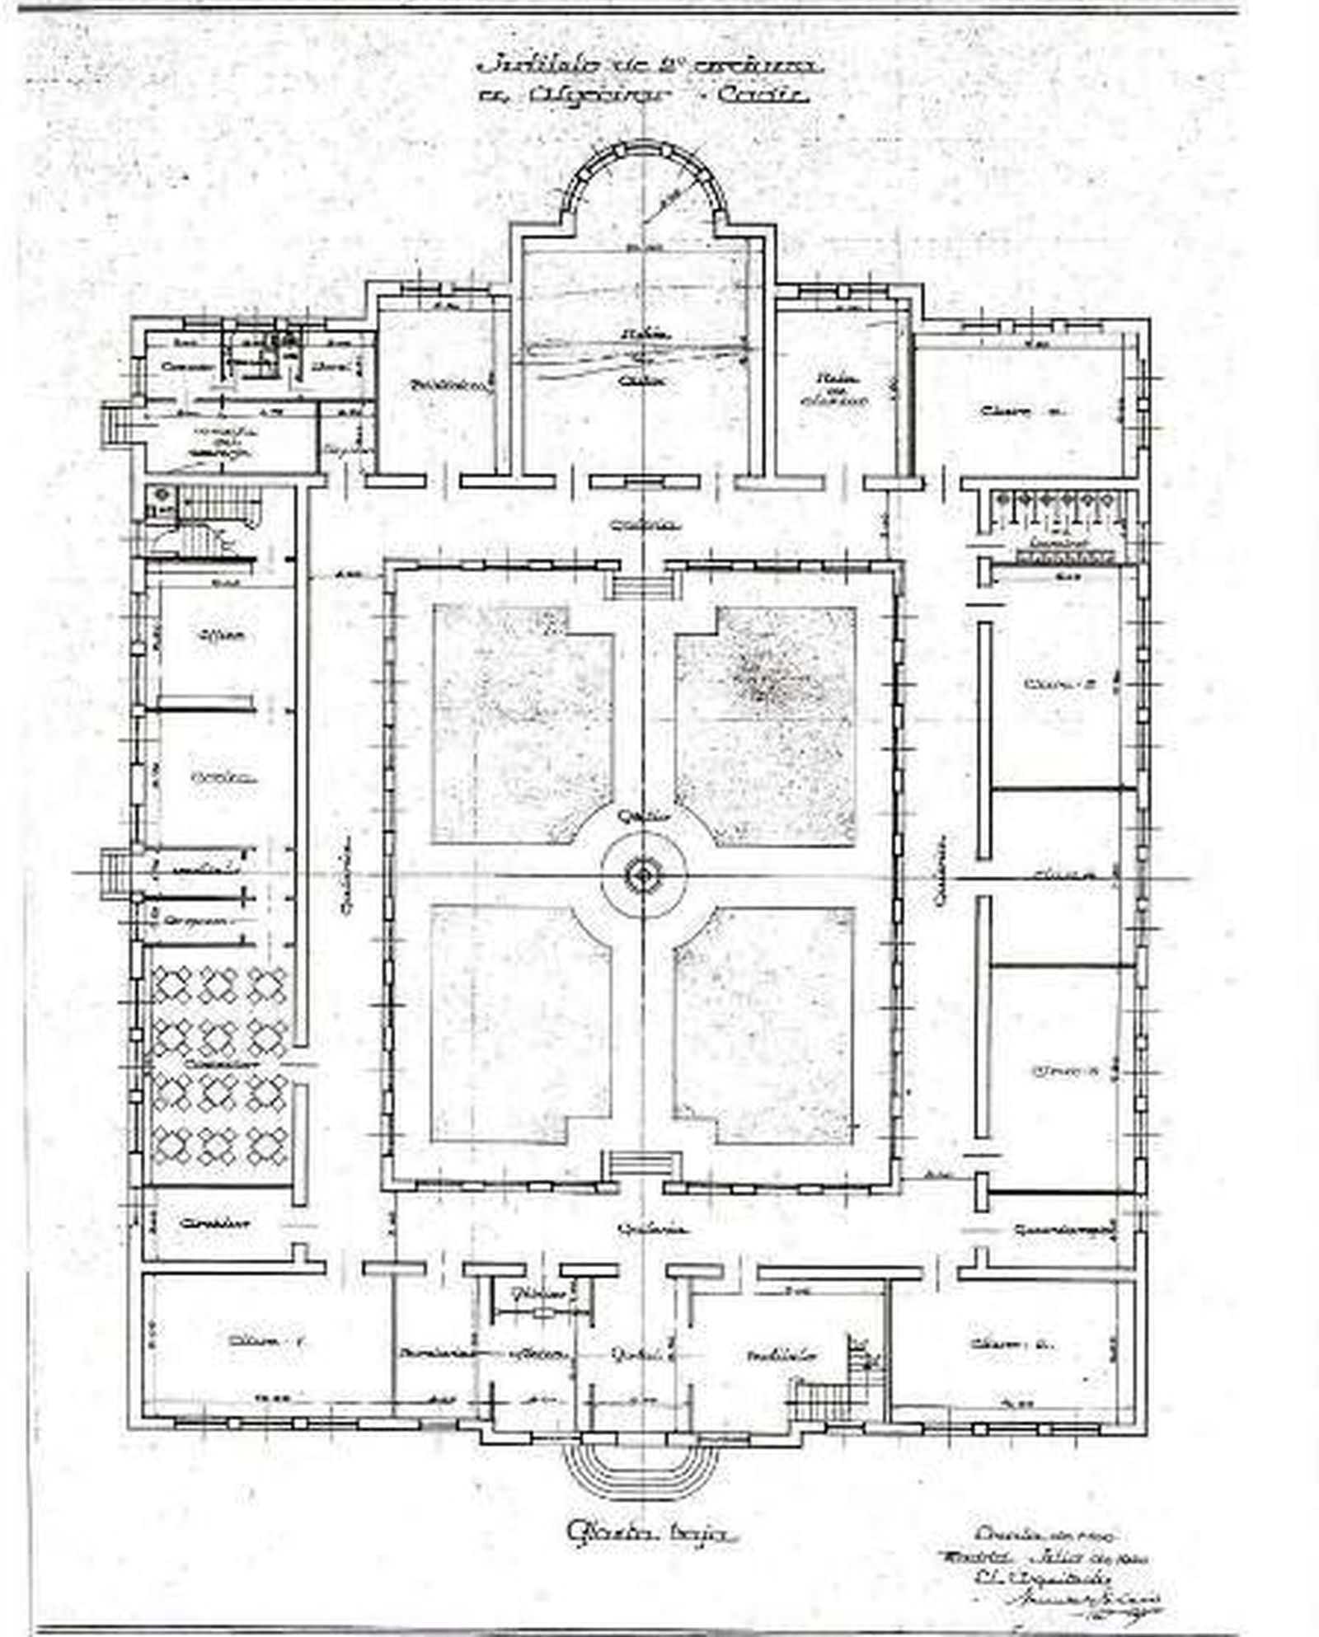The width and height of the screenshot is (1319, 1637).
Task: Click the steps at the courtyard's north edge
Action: [x=642, y=586]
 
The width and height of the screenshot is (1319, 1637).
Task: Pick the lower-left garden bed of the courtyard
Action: [x=519, y=1022]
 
